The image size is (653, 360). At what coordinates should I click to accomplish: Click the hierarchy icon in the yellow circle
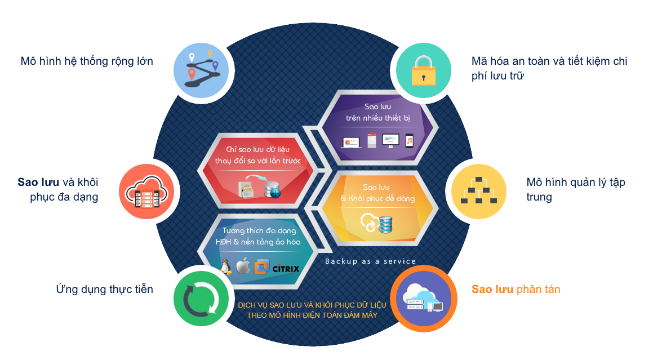[478, 190]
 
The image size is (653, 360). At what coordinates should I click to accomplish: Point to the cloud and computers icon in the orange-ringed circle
[422, 299]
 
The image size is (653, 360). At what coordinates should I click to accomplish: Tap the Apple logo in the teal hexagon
[243, 266]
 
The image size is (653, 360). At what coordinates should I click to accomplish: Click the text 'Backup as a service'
[370, 261]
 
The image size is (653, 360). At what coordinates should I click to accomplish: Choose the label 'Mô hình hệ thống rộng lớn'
[87, 61]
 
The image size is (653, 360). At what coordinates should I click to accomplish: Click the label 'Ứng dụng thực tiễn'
[104, 290]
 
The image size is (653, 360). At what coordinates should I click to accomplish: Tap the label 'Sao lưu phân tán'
[516, 290]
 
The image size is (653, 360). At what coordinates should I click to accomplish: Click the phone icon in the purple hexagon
[410, 140]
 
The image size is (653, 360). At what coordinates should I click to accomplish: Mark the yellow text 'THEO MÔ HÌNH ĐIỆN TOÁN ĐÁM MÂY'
[312, 315]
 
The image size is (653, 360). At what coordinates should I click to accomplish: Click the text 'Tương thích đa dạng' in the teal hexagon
[259, 230]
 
